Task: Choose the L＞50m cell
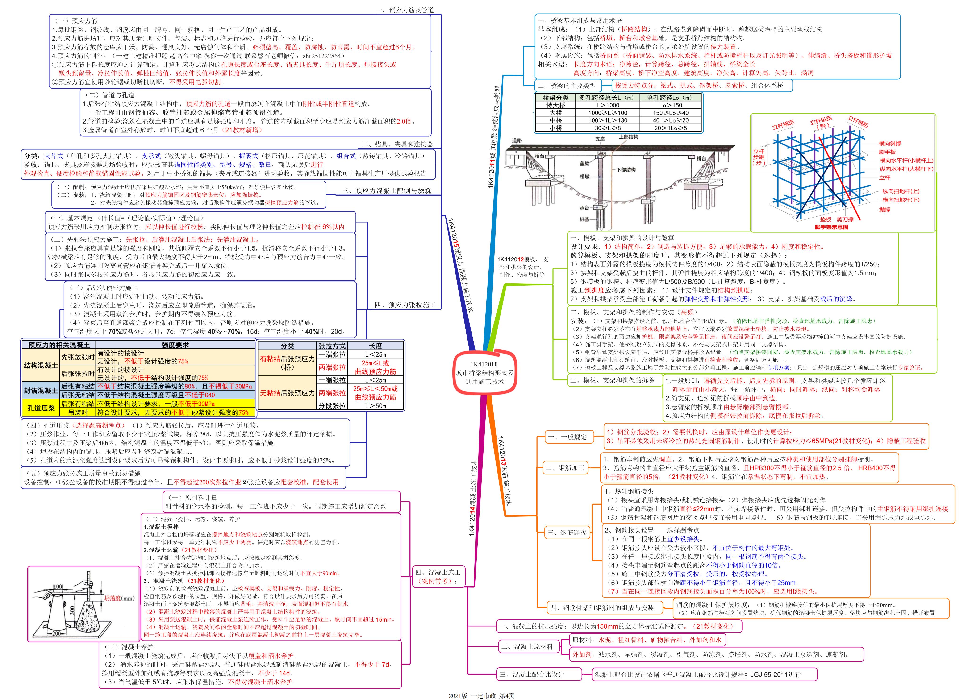pyautogui.click(x=375, y=406)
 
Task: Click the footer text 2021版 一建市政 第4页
pyautogui.click(x=482, y=695)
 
